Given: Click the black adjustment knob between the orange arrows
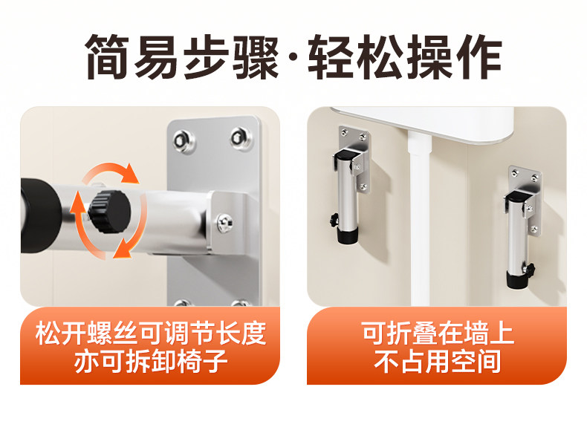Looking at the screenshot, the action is (110, 212).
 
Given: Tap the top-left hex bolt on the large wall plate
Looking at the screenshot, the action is (184, 140).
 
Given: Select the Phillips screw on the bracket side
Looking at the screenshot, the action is (225, 223).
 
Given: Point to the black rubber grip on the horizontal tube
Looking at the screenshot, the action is (39, 215).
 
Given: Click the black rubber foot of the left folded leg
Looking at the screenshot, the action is (348, 235).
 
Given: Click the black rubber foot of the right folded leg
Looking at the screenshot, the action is (516, 279).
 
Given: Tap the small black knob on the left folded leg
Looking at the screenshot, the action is (334, 220).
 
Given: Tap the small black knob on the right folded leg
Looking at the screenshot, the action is (530, 268).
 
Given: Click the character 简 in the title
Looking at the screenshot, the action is (108, 57).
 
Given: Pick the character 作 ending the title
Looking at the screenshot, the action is (479, 57).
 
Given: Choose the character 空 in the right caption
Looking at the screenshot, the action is (463, 361).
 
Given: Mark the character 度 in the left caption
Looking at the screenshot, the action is (253, 333).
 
